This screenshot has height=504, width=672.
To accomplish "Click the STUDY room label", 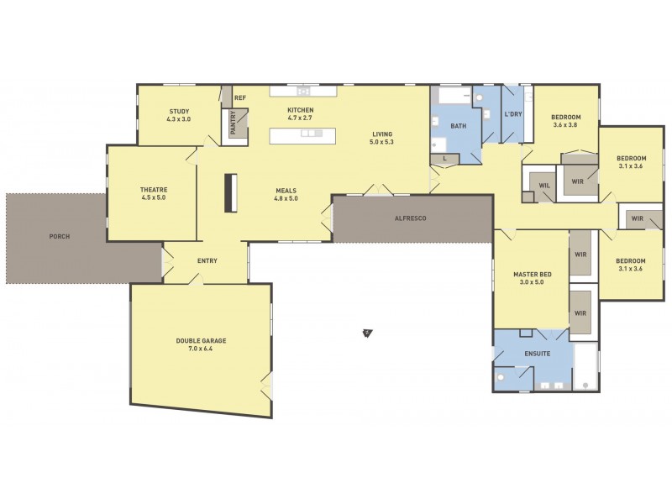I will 179,112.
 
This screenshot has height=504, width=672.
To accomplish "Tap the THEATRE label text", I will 154,191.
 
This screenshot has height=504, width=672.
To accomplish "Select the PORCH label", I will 59,237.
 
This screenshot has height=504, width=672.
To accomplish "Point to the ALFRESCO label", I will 412,218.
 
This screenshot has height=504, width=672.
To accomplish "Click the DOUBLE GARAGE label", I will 201,341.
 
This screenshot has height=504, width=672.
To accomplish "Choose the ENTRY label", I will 207,261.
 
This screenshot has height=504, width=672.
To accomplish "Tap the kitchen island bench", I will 302,134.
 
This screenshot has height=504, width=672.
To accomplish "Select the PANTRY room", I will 234,124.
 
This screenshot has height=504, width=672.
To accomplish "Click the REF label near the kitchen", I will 240,98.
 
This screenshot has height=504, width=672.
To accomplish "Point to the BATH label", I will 458,127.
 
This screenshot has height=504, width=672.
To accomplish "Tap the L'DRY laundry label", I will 513,114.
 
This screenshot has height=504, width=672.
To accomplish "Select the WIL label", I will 543,186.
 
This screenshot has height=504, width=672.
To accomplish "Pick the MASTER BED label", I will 533,275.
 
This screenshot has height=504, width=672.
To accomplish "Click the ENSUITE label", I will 537,354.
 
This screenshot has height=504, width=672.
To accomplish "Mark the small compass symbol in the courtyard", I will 367,333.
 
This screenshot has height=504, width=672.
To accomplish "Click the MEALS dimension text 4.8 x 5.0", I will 286,199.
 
